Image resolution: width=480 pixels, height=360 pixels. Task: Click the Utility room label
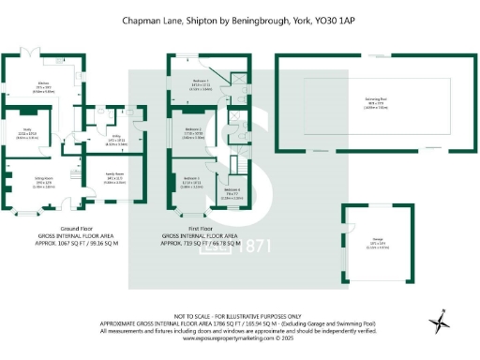point(110,140)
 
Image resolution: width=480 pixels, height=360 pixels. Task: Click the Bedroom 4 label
point(231,190)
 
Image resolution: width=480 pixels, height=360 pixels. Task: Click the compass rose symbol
point(440,323)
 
